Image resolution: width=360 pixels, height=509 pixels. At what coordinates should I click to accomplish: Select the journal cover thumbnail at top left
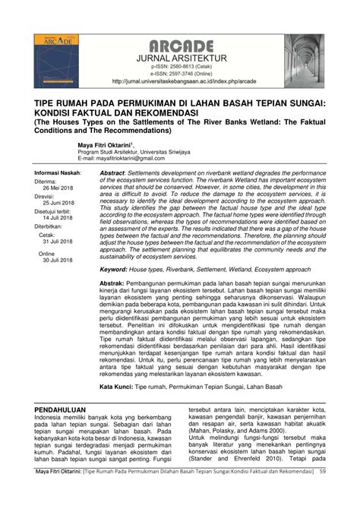point(56,59)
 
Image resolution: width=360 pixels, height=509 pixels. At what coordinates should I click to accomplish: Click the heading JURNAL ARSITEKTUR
point(180,56)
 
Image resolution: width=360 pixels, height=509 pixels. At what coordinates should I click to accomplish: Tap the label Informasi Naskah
point(58,173)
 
